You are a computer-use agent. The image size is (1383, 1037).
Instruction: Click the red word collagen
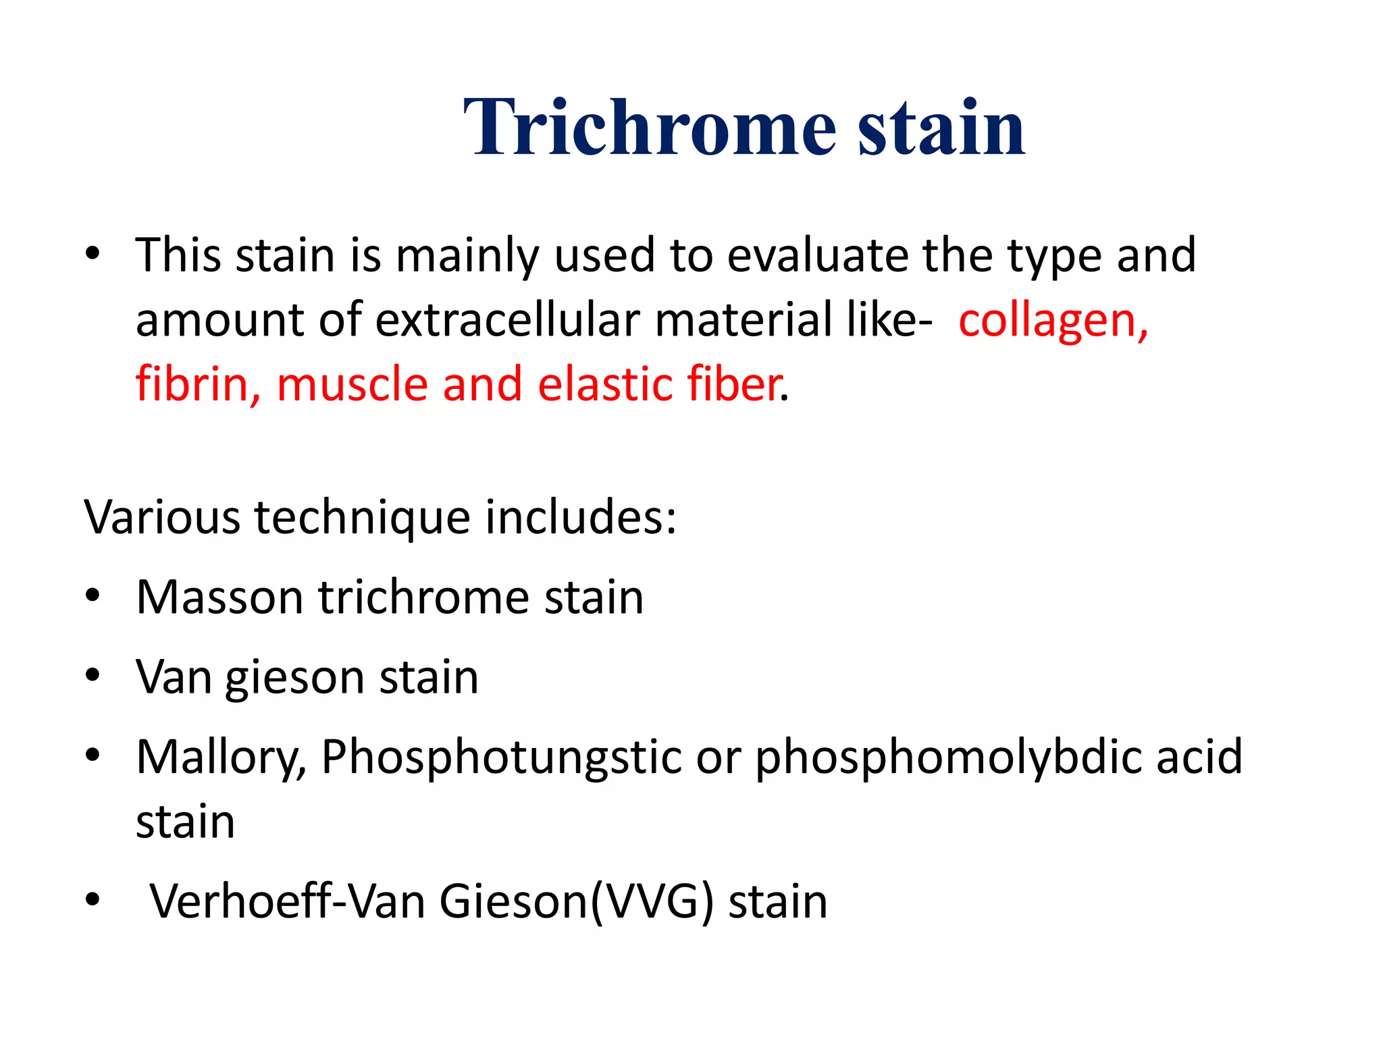[1053, 320]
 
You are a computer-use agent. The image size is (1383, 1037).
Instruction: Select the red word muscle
[352, 384]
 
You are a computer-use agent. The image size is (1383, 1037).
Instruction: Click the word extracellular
[506, 320]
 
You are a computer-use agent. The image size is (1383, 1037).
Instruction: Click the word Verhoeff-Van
[287, 901]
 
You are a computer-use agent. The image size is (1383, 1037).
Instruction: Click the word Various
[161, 518]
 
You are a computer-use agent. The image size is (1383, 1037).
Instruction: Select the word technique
[362, 518]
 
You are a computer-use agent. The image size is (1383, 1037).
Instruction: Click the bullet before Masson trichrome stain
[93, 596]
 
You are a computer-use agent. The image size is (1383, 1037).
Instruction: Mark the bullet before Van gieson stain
[93, 675]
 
